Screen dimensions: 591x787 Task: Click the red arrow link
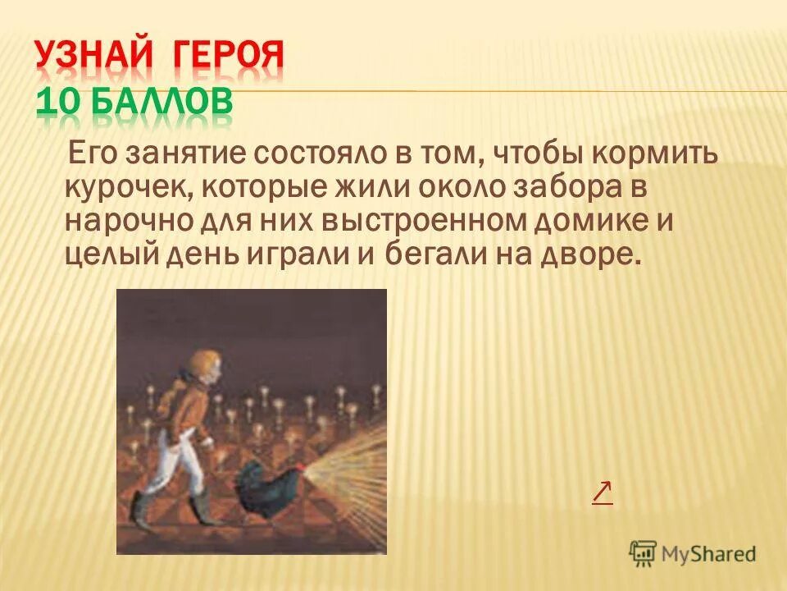pos(602,492)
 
